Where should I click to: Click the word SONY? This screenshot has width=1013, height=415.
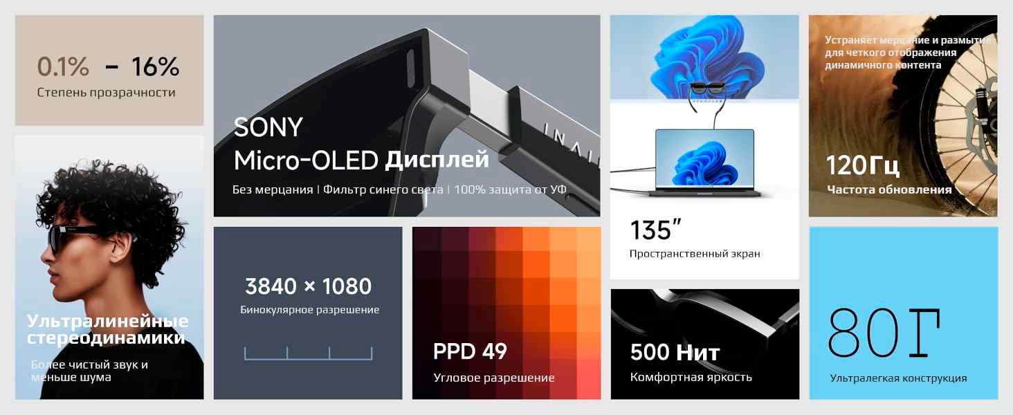pos(268,127)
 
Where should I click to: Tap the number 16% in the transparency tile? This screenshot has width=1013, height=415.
pos(156,66)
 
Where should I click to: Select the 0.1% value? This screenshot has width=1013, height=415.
pos(63,66)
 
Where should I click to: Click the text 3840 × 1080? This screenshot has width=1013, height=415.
pos(309,286)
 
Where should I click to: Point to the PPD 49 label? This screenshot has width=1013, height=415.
pos(470,351)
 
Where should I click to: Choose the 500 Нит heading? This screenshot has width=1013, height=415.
pos(675,352)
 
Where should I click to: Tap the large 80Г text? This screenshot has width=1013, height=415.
pos(884,333)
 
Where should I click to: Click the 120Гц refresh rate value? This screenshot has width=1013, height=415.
pos(862,165)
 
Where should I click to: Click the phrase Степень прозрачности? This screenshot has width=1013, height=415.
pos(107,93)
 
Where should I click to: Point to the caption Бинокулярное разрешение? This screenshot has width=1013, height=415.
pos(310,310)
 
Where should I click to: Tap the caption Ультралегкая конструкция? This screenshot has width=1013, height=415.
pos(898,378)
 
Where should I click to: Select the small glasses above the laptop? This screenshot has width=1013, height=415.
pos(708,89)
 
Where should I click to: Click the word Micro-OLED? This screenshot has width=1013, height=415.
pos(306,160)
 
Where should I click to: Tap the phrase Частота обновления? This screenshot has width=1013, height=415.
pos(890,190)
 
